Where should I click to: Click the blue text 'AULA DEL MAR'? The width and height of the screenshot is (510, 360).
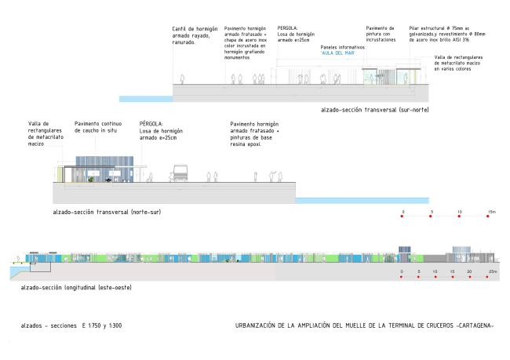point(339,53)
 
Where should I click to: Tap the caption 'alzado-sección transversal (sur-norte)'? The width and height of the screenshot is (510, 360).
point(375,110)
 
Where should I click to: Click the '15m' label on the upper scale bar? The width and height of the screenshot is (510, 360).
point(490,212)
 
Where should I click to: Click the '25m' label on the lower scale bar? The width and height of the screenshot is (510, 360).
point(490,271)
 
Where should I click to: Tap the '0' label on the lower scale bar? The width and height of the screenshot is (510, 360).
point(402,271)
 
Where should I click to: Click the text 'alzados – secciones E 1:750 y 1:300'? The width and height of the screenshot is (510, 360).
point(72,325)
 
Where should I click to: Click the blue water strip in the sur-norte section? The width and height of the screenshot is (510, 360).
point(145,99)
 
